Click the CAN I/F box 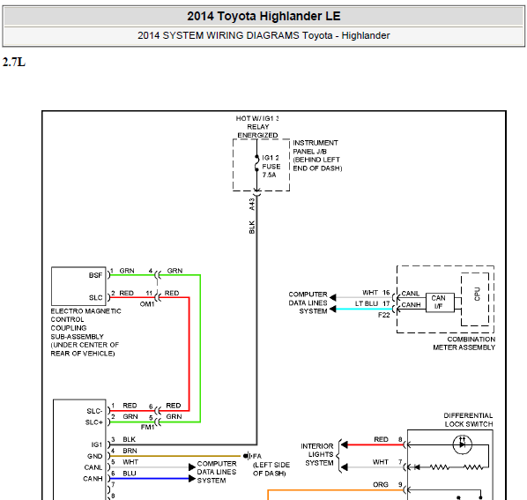tap(440, 302)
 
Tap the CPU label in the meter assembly tap(477, 295)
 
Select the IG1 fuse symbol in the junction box tap(256, 163)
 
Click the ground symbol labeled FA tap(248, 456)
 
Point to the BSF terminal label tap(95, 275)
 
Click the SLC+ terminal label tap(93, 422)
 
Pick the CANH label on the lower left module tap(93, 479)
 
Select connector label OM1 tap(147, 304)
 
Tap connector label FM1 tap(147, 427)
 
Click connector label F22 tap(384, 315)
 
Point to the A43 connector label tap(252, 205)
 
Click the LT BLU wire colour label tap(367, 303)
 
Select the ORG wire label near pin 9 tap(381, 484)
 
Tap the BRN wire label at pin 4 tap(130, 451)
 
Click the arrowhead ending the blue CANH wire tap(192, 479)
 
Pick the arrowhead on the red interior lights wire tap(345, 444)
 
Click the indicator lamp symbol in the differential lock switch tap(463, 444)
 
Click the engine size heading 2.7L tap(14, 63)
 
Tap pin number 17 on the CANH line tap(386, 303)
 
